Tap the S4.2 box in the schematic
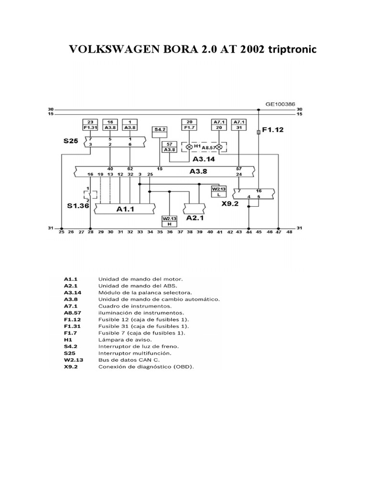(x=160, y=130)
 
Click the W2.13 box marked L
(x=217, y=191)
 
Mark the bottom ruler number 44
(x=248, y=232)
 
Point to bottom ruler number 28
(x=90, y=232)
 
